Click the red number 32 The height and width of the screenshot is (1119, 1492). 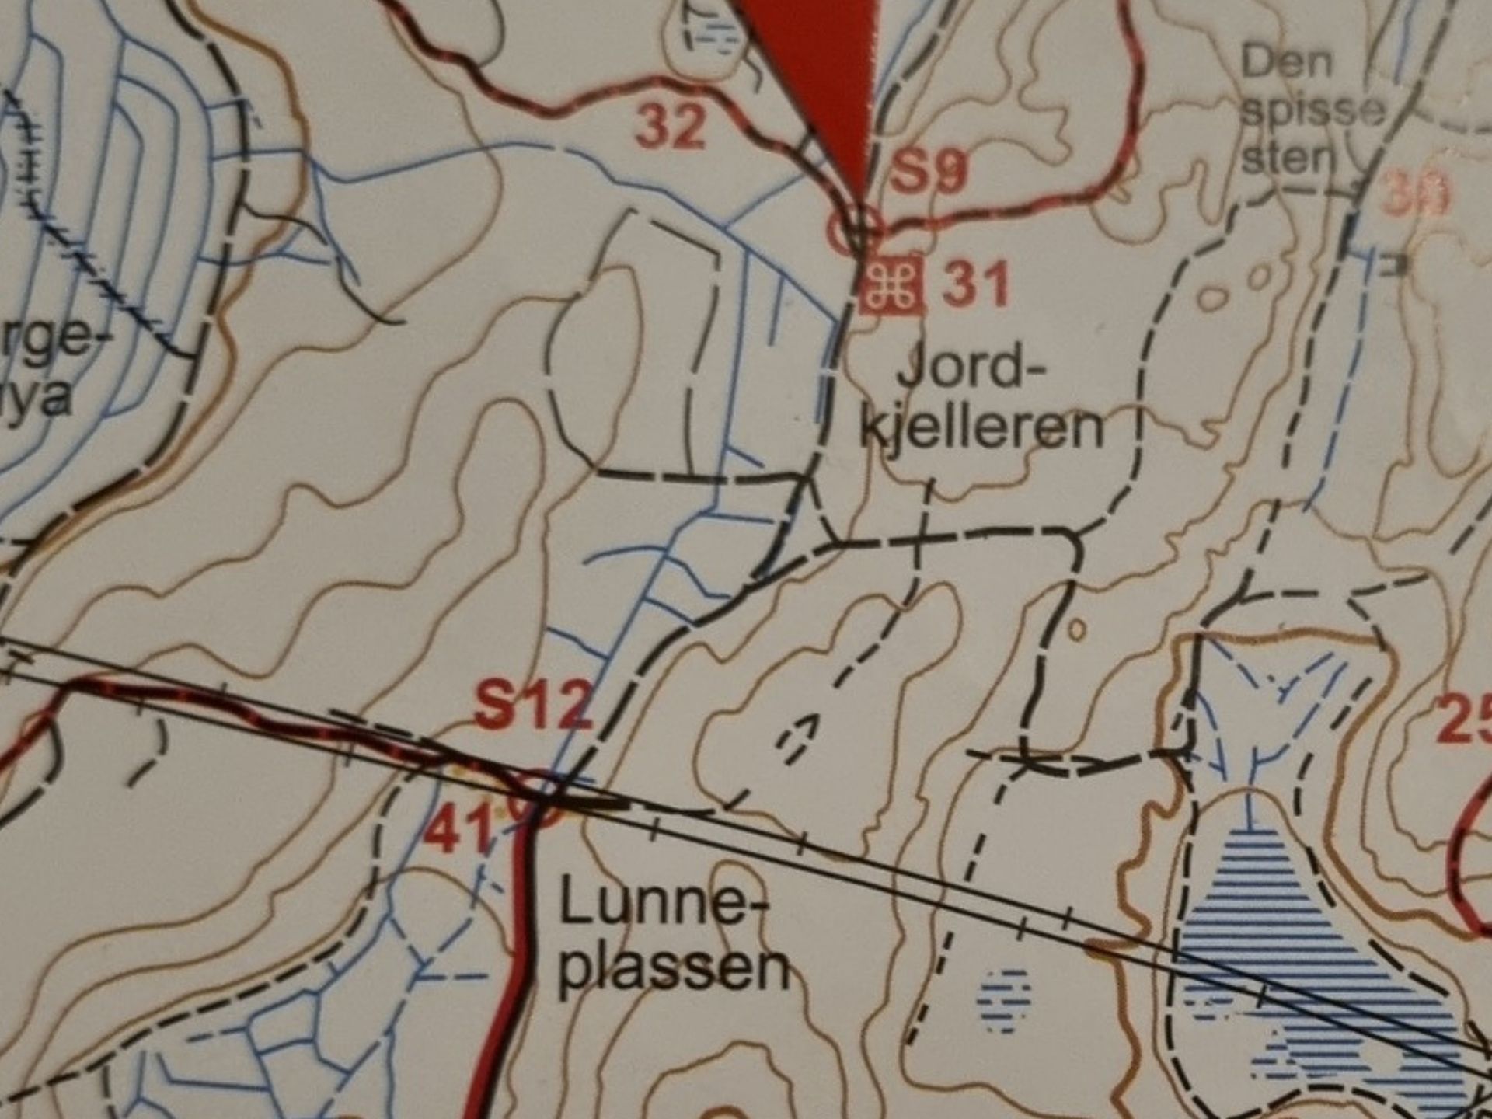(671, 127)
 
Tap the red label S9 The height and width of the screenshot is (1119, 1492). (929, 173)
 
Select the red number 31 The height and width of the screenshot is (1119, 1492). (976, 285)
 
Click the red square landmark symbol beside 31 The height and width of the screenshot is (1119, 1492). (891, 284)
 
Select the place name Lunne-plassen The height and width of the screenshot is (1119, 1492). (670, 940)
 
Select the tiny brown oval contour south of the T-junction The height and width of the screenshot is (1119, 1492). (1076, 629)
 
